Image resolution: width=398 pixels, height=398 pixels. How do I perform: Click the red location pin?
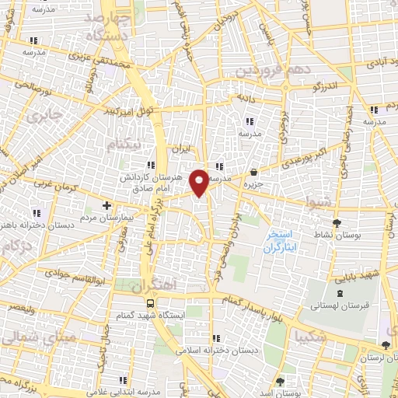coord(200,182)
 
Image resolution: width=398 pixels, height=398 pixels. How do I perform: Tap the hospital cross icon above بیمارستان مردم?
coord(107,206)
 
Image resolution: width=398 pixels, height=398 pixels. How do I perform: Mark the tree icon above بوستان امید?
coord(280,382)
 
